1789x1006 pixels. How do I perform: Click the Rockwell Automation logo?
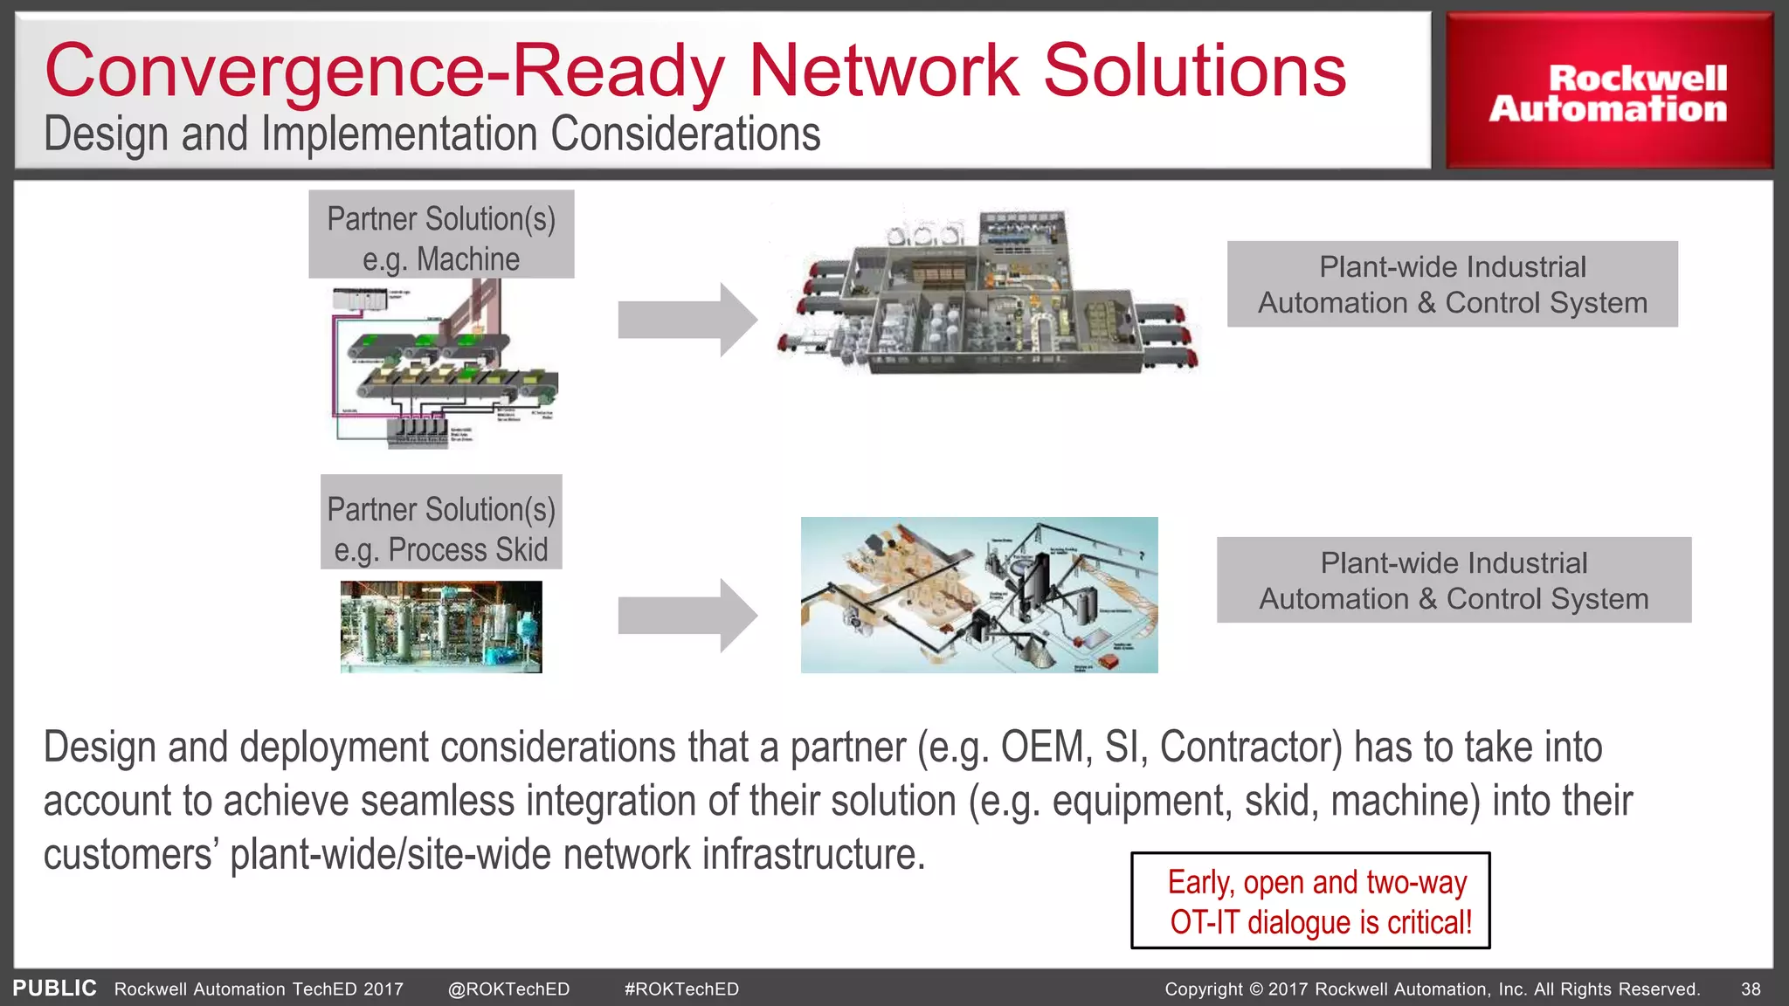(1608, 93)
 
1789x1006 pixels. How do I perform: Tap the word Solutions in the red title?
(1194, 72)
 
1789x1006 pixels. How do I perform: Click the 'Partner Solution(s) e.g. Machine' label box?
(441, 235)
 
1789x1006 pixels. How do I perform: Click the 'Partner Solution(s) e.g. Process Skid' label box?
(441, 522)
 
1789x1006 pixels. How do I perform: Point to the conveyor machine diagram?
(444, 365)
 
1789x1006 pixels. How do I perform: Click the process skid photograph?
(441, 627)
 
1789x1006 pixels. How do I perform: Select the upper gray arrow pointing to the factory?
(687, 320)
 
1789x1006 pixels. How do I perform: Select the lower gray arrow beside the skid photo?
(687, 616)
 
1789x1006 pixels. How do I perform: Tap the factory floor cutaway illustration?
(987, 293)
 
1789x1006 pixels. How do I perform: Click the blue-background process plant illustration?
(979, 595)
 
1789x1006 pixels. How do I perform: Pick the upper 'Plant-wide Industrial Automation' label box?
(1452, 285)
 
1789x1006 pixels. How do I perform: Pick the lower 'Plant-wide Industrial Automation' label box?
(1454, 580)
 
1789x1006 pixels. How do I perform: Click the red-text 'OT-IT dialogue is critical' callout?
(1310, 901)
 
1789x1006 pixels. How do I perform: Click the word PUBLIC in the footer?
(54, 989)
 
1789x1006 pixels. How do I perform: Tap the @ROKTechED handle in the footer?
(508, 989)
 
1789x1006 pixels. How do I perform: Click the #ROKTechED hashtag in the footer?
(681, 989)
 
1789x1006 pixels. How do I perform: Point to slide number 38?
(1751, 989)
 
